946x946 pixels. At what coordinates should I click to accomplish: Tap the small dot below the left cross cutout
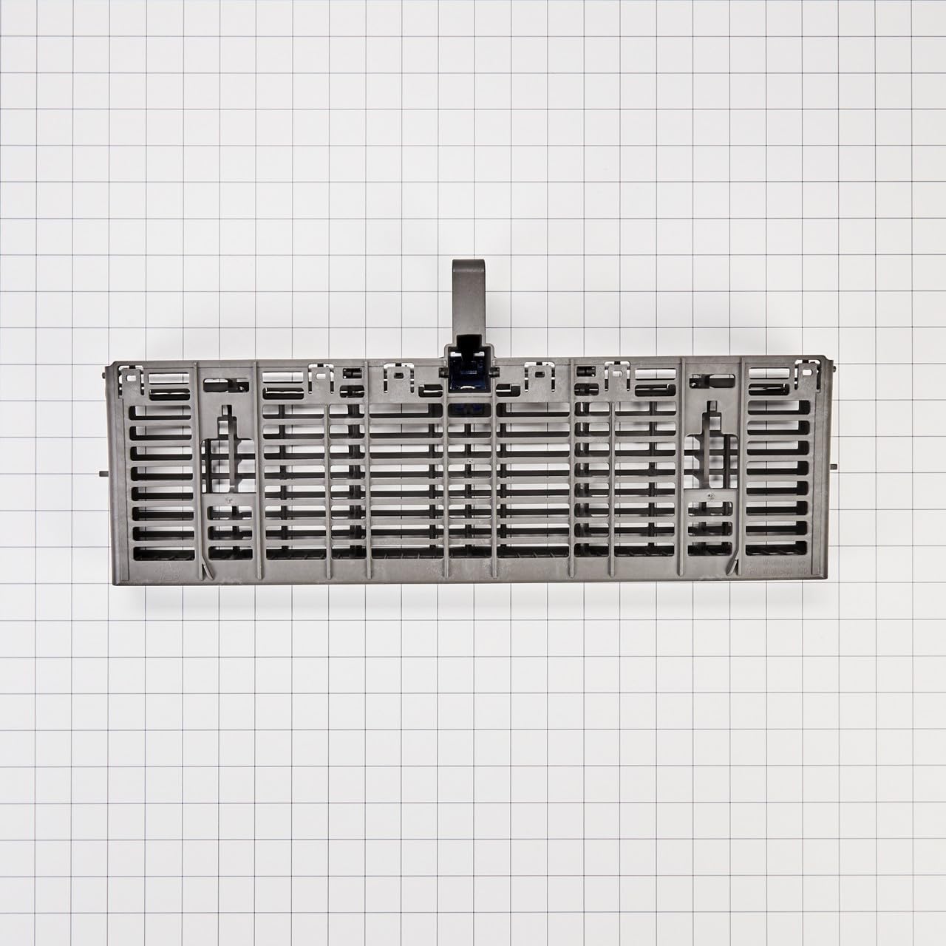(231, 500)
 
